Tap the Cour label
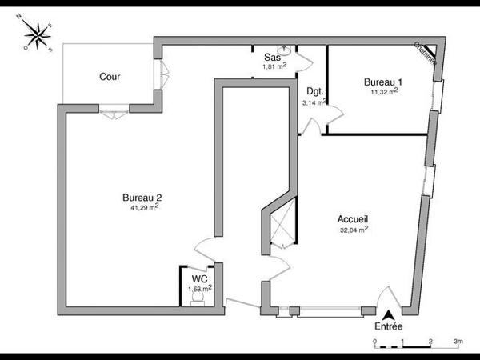[x=110, y=77]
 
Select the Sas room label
[x=272, y=58]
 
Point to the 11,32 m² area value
[x=384, y=92]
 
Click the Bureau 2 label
[x=142, y=197]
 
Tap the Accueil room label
[x=353, y=218]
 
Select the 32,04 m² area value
[x=354, y=229]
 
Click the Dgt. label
[x=314, y=92]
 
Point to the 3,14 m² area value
[x=314, y=102]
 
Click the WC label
[x=199, y=278]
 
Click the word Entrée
[x=389, y=327]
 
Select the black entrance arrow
[x=389, y=314]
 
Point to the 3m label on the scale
[x=458, y=341]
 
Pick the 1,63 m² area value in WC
[x=199, y=288]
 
